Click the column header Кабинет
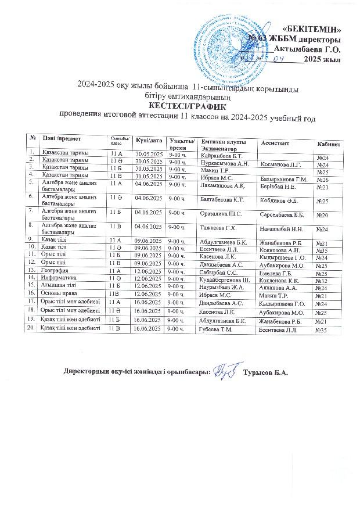(x=329, y=144)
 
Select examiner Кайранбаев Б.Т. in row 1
(x=221, y=156)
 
